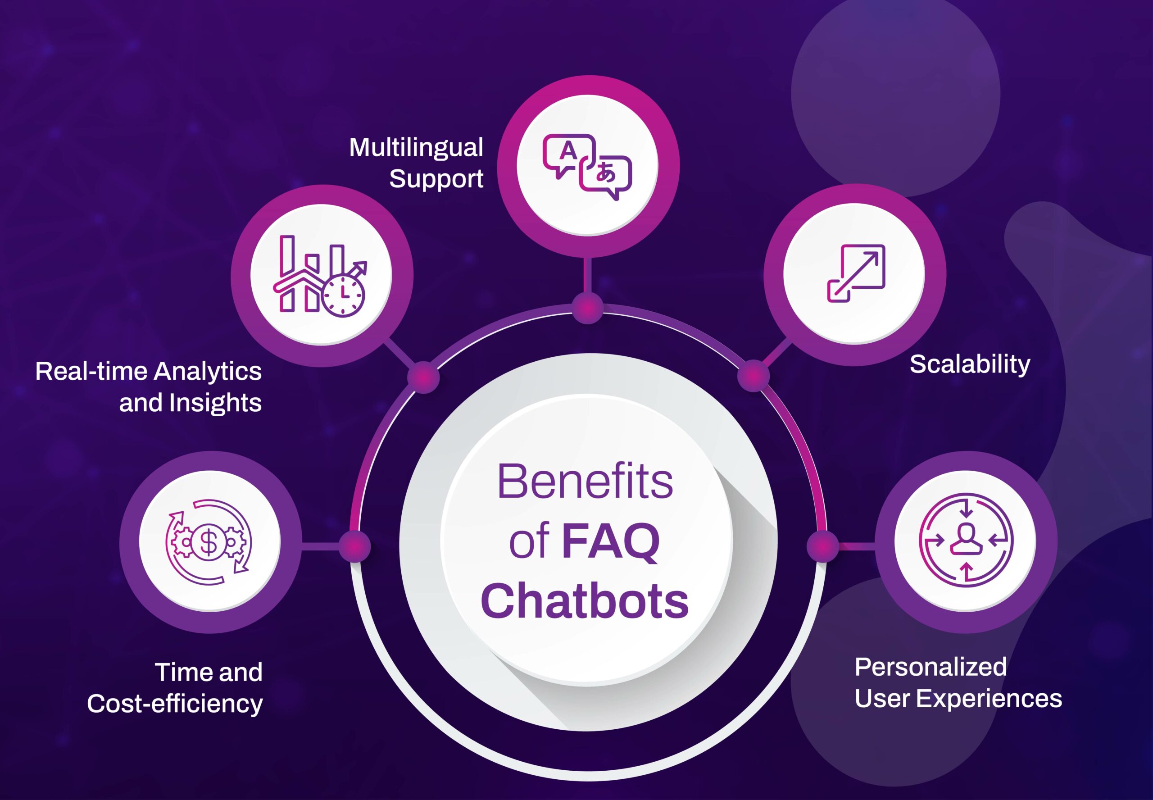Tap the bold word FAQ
click(610, 542)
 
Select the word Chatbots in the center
click(584, 601)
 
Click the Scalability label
click(970, 364)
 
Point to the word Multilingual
click(416, 147)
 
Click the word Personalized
click(931, 667)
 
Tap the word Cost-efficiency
click(175, 704)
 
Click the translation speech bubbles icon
click(587, 166)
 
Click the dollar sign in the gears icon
click(209, 542)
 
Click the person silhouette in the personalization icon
click(966, 539)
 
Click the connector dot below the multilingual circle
click(587, 308)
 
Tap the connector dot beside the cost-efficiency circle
click(354, 546)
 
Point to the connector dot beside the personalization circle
click(822, 546)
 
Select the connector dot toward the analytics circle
click(423, 377)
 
